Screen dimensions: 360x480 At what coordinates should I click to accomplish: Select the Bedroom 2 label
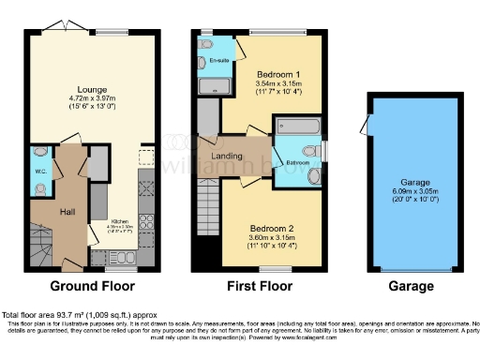coord(273,228)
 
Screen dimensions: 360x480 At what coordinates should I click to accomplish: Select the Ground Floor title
coord(83,286)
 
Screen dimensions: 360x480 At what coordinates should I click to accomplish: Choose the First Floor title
coord(261,286)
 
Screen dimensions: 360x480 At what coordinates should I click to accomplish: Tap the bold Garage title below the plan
coord(413,286)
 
